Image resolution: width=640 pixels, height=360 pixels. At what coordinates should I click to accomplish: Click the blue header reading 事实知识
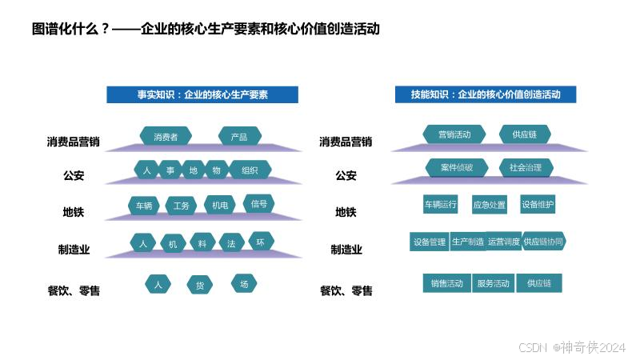click(x=202, y=94)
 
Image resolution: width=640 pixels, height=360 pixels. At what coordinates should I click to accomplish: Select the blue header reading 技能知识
click(x=486, y=94)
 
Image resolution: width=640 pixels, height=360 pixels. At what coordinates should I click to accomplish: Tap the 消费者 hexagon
click(x=166, y=136)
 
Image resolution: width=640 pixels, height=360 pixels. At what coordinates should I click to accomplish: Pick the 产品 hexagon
click(x=238, y=137)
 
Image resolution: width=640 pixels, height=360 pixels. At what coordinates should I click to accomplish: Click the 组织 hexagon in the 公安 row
click(x=250, y=170)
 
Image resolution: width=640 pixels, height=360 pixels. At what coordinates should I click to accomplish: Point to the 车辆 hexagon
click(x=144, y=206)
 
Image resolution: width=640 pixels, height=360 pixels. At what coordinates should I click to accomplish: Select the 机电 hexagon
click(x=220, y=206)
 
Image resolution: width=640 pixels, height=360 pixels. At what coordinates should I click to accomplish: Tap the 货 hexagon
click(x=200, y=285)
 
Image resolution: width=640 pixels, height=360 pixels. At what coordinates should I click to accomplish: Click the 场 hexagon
click(x=244, y=283)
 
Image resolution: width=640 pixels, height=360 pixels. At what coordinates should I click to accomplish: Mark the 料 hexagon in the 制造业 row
click(x=202, y=243)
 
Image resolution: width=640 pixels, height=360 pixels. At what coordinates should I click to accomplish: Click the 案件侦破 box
click(x=456, y=168)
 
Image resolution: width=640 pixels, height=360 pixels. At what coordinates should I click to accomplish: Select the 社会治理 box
click(x=525, y=168)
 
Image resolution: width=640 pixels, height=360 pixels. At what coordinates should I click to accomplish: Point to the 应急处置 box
click(x=490, y=205)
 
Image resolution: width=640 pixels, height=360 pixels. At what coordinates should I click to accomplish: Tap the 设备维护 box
click(x=538, y=204)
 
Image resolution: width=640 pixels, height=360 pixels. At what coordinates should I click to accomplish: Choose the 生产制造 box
click(x=468, y=242)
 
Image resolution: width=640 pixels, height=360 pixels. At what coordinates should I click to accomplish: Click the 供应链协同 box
click(x=544, y=242)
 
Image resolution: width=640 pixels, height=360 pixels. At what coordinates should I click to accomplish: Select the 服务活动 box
click(x=493, y=283)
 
